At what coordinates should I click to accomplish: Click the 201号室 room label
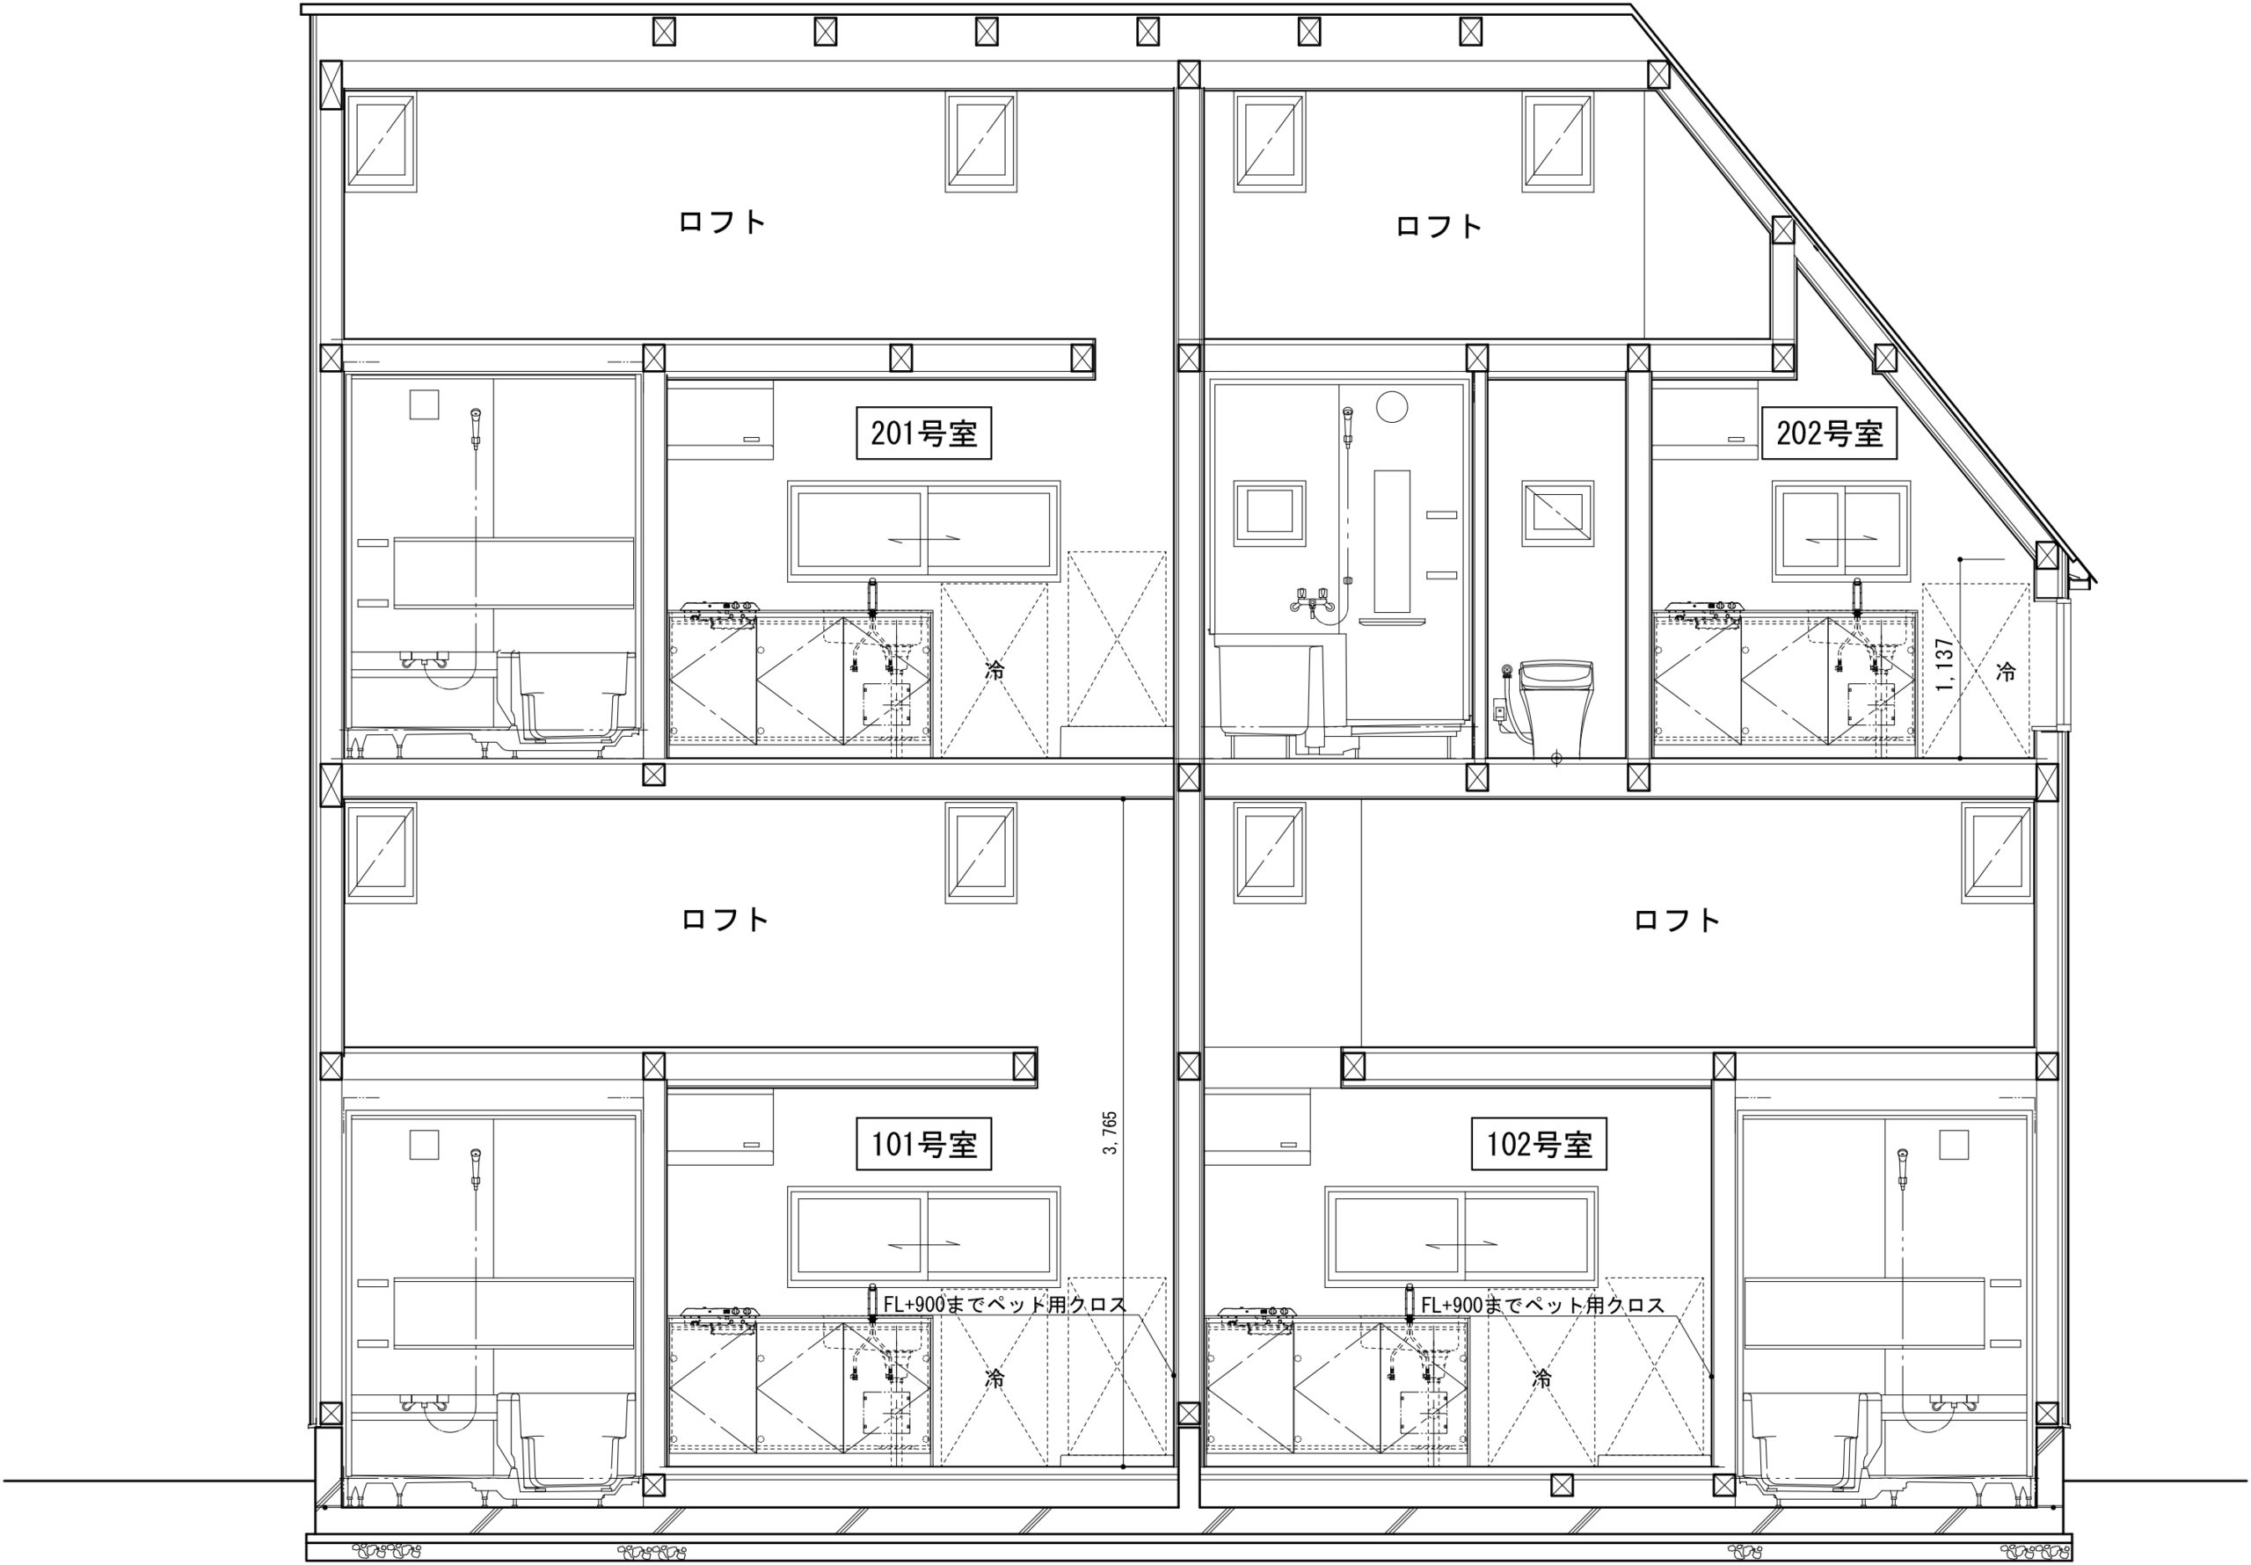coord(923,433)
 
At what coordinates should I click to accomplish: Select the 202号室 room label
coord(1830,433)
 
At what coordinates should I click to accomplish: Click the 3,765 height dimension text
coord(1110,1132)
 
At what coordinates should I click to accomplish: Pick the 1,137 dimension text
coord(1946,665)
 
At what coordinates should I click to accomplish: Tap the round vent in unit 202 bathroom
coord(1391,406)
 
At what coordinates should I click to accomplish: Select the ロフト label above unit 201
coord(722,222)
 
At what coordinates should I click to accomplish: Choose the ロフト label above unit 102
coord(1677,920)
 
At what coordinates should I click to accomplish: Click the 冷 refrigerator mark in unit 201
coord(994,672)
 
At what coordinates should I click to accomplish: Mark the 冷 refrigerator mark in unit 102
coord(1541,1379)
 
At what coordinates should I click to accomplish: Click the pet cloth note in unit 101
coord(1005,1304)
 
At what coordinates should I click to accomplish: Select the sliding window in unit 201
coord(923,530)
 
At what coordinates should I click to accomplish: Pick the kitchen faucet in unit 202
coord(1856,597)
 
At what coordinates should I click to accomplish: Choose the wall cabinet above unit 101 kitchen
coord(719,1129)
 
